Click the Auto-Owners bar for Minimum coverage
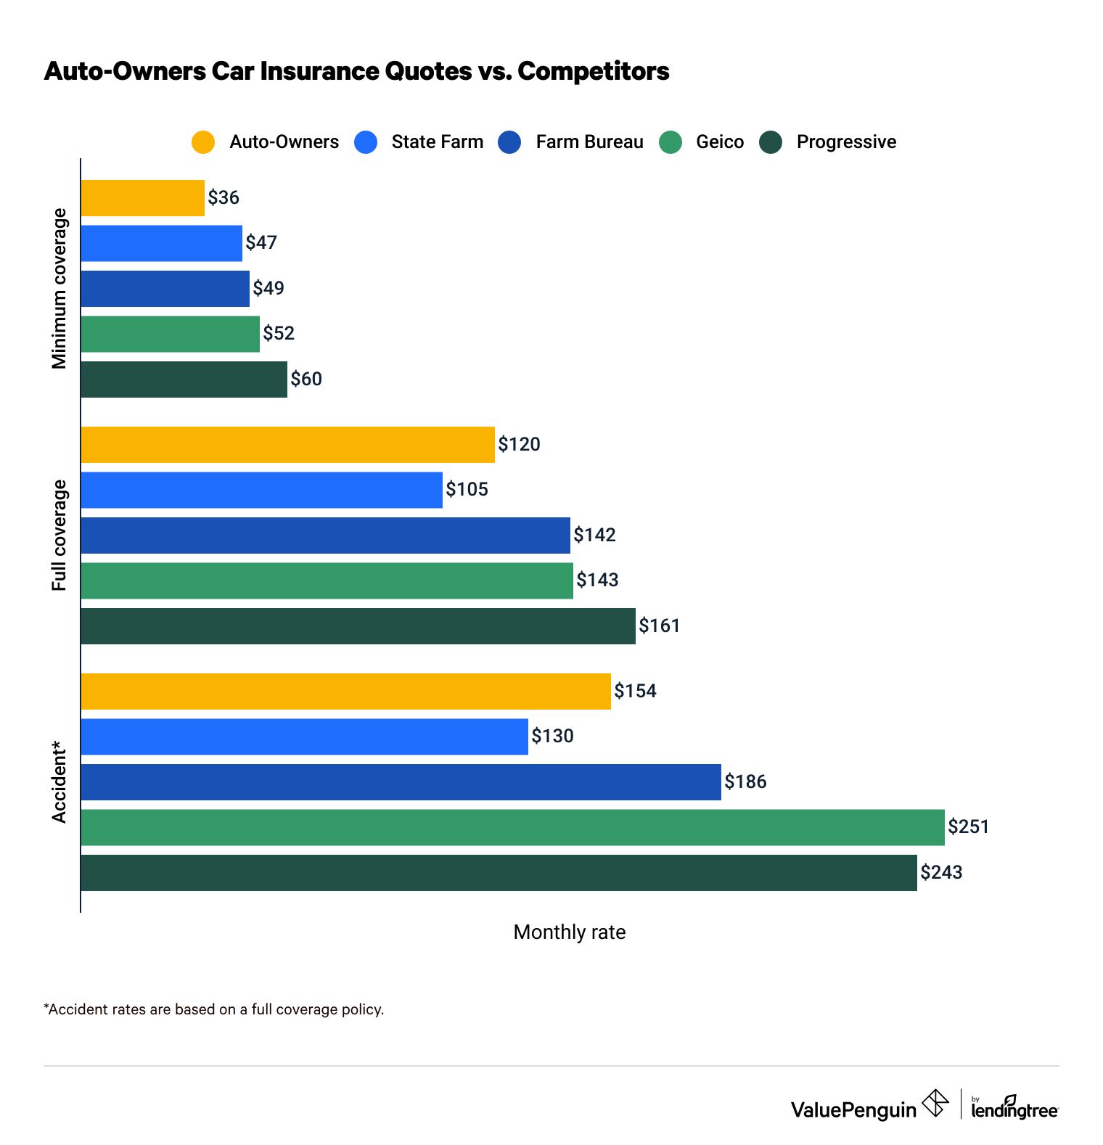pos(142,198)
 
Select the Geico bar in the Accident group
pos(512,827)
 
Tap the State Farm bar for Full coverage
pos(261,490)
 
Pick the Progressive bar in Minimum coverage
pos(184,379)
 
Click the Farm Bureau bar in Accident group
pos(401,782)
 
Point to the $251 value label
pos(968,827)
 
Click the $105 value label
pos(467,490)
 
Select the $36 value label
pos(224,198)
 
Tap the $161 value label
pos(659,625)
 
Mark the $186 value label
pos(745,782)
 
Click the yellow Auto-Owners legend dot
pos(203,142)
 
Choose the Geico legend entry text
pos(719,142)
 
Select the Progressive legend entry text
pos(846,142)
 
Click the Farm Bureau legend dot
pos(509,142)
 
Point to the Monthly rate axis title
pos(569,932)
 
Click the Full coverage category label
pos(59,535)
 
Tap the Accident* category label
pos(59,782)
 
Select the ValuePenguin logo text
pos(853,1110)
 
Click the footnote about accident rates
pos(214,1009)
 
